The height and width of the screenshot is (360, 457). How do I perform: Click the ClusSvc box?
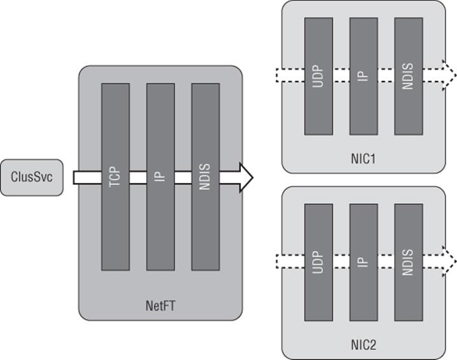[32, 177]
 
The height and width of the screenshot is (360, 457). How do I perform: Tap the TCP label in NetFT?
[115, 177]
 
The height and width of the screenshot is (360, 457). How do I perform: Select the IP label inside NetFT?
[160, 177]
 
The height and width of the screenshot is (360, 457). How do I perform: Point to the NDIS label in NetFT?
[205, 177]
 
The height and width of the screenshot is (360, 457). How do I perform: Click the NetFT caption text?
[160, 306]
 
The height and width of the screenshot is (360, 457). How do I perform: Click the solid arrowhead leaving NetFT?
[246, 178]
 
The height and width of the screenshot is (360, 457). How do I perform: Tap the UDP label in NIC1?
[318, 76]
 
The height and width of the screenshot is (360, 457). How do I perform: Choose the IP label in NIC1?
[363, 76]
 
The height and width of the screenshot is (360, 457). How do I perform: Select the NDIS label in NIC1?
[408, 76]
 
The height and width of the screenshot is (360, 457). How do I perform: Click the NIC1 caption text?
[364, 159]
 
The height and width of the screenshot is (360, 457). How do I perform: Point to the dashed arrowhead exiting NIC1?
[449, 76]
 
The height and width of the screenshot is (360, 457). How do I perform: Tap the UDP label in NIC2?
[318, 262]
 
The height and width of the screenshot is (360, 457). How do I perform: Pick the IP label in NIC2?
[363, 262]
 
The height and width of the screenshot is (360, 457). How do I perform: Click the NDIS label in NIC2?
[408, 262]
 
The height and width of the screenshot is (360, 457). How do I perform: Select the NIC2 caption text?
[364, 345]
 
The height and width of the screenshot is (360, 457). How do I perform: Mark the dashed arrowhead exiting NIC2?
[449, 262]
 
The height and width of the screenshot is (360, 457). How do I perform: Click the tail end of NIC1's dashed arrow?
[276, 76]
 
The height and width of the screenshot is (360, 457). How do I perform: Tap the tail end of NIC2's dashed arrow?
[276, 262]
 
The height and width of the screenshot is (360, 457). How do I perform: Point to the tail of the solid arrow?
[74, 178]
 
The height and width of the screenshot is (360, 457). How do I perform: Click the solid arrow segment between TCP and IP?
[138, 178]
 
